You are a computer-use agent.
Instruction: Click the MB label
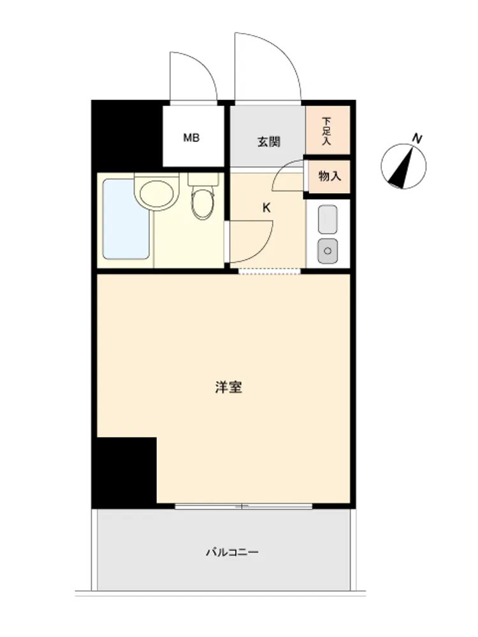point(191,138)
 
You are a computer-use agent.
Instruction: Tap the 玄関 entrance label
point(269,142)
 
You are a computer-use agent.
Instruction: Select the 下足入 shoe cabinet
point(328,130)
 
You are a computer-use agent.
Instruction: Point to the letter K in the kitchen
point(266,208)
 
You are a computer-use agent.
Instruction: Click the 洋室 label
point(229,387)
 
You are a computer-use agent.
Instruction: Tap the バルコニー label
point(232,552)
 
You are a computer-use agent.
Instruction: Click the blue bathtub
point(126,219)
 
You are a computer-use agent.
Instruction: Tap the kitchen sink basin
point(328,219)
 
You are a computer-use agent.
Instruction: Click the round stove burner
point(328,250)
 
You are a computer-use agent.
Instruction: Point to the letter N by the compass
point(417,138)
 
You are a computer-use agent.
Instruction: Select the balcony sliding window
point(243,506)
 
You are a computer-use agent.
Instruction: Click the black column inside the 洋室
point(127,473)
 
